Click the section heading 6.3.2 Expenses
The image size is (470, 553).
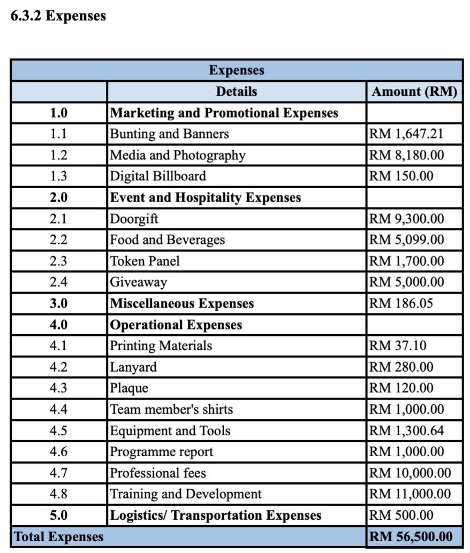(58, 16)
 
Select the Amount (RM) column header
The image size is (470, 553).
(414, 91)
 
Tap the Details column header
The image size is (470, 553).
(236, 91)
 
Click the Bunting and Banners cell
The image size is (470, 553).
(169, 134)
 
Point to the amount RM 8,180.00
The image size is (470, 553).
(406, 155)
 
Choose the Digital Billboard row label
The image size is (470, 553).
(158, 176)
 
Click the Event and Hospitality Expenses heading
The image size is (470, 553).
(206, 197)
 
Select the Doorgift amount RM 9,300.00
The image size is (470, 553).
(406, 219)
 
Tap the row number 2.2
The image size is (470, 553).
(58, 240)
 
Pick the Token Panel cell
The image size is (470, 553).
(145, 261)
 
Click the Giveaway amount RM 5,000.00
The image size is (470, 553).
(406, 282)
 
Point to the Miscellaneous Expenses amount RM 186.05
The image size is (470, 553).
(401, 304)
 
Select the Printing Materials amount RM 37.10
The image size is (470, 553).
(398, 345)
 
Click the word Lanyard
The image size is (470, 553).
(133, 367)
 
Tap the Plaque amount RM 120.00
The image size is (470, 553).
(401, 388)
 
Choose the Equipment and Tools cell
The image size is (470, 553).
(170, 431)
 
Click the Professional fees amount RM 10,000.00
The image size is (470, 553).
(410, 473)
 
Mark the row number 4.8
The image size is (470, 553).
(58, 494)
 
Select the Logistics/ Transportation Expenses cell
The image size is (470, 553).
(216, 516)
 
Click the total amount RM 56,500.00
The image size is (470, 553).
(411, 536)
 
